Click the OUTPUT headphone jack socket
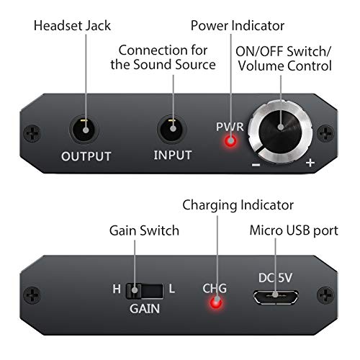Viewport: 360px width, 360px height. [x=84, y=130]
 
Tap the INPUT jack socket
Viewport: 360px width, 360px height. [x=172, y=129]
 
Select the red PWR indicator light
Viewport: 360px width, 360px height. [x=230, y=141]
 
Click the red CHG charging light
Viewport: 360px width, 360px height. [x=216, y=302]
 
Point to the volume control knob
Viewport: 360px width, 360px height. [x=280, y=132]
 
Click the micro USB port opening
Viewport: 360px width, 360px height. [x=276, y=297]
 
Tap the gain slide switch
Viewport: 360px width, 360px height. [x=145, y=291]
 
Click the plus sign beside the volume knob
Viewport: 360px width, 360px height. [x=310, y=163]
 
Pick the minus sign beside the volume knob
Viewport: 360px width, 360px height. [x=256, y=165]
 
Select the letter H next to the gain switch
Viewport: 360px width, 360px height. [x=117, y=289]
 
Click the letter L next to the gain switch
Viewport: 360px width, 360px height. [x=172, y=289]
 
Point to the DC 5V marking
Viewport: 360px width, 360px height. [x=275, y=278]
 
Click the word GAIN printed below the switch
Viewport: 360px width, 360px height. [x=145, y=308]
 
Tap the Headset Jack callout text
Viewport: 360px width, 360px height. [x=72, y=26]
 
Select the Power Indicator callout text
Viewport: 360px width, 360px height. [x=238, y=26]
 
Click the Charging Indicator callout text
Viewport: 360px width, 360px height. [x=238, y=205]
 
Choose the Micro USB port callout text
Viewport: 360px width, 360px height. [x=294, y=230]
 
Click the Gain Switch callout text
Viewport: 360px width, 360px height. [x=144, y=230]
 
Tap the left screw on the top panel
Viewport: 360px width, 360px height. [x=32, y=133]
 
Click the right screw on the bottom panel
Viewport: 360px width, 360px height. [x=325, y=295]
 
